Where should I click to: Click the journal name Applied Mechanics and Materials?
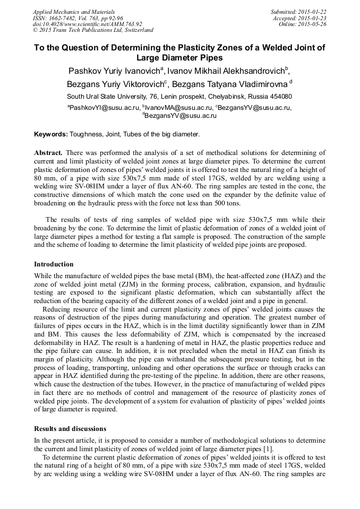coord(74,12)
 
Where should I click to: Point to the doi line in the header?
coord(87,24)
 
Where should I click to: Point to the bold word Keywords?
coord(50,135)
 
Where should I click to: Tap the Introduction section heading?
coord(54,264)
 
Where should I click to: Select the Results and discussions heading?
coord(70,429)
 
